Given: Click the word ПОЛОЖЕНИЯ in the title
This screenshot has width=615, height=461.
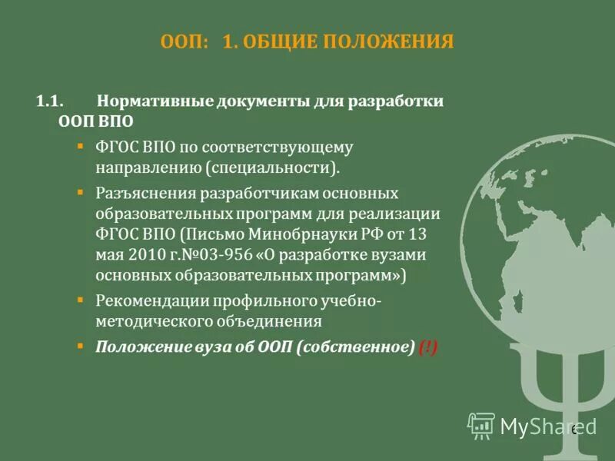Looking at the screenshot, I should (x=391, y=41).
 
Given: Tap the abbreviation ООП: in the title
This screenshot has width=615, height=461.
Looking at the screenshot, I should (x=185, y=41).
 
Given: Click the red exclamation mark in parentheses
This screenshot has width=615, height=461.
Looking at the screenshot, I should (x=429, y=347).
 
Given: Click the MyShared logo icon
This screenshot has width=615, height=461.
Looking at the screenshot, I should (x=482, y=425).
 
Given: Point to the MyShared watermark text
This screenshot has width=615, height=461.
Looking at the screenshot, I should (x=547, y=426).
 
